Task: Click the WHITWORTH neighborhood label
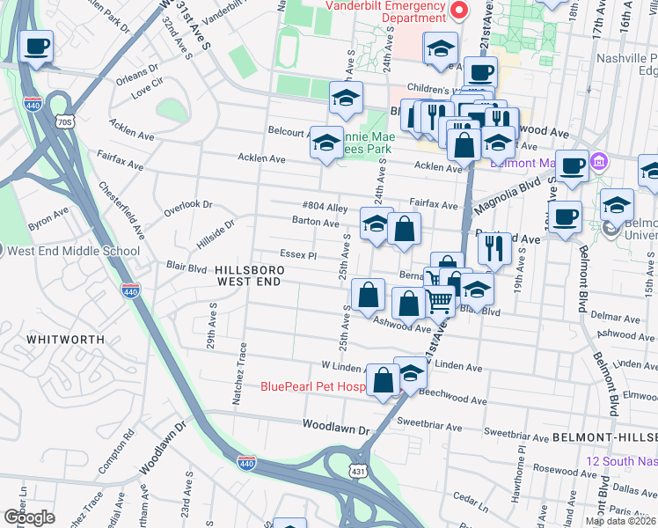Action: click(x=60, y=338)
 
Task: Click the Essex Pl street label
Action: click(x=298, y=254)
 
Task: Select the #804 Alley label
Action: click(x=324, y=208)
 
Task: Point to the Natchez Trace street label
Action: click(x=239, y=379)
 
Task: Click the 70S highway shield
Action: click(x=62, y=121)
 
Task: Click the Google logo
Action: click(x=29, y=517)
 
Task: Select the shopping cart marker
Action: click(x=439, y=302)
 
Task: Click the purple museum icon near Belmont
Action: click(x=600, y=163)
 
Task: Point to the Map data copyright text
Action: click(x=621, y=521)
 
